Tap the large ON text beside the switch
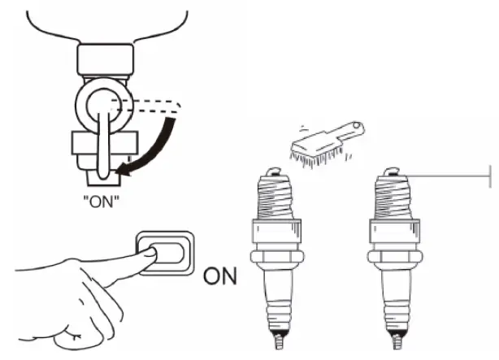coord(219,276)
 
